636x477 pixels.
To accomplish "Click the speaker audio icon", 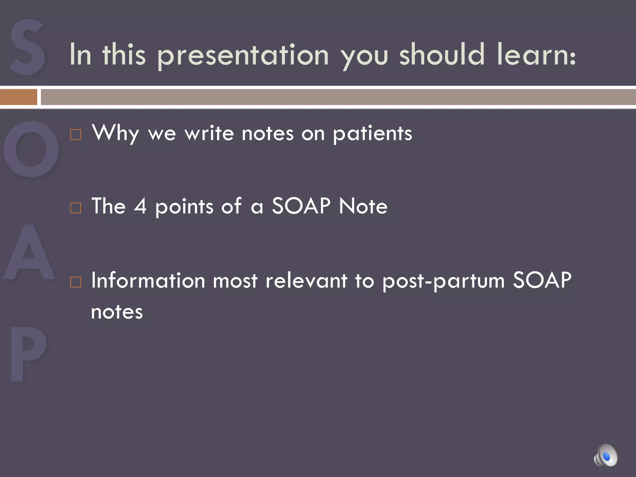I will click(606, 455).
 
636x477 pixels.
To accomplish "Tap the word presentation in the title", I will click(243, 55).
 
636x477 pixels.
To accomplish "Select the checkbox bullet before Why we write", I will click(76, 135).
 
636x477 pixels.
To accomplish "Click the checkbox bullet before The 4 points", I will click(76, 208).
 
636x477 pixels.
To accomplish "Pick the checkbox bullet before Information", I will click(76, 282).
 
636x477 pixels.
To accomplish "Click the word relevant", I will click(306, 280).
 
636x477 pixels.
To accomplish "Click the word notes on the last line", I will click(117, 312).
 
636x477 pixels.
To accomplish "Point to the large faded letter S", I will click(27, 47).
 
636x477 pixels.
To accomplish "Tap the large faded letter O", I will click(31, 149).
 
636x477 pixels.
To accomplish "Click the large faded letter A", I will click(30, 252).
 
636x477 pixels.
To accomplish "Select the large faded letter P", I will click(28, 354).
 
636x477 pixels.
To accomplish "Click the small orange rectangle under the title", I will click(19, 97).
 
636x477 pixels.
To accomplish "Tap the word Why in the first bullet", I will click(115, 134).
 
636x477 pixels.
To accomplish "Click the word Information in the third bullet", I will click(148, 280).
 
